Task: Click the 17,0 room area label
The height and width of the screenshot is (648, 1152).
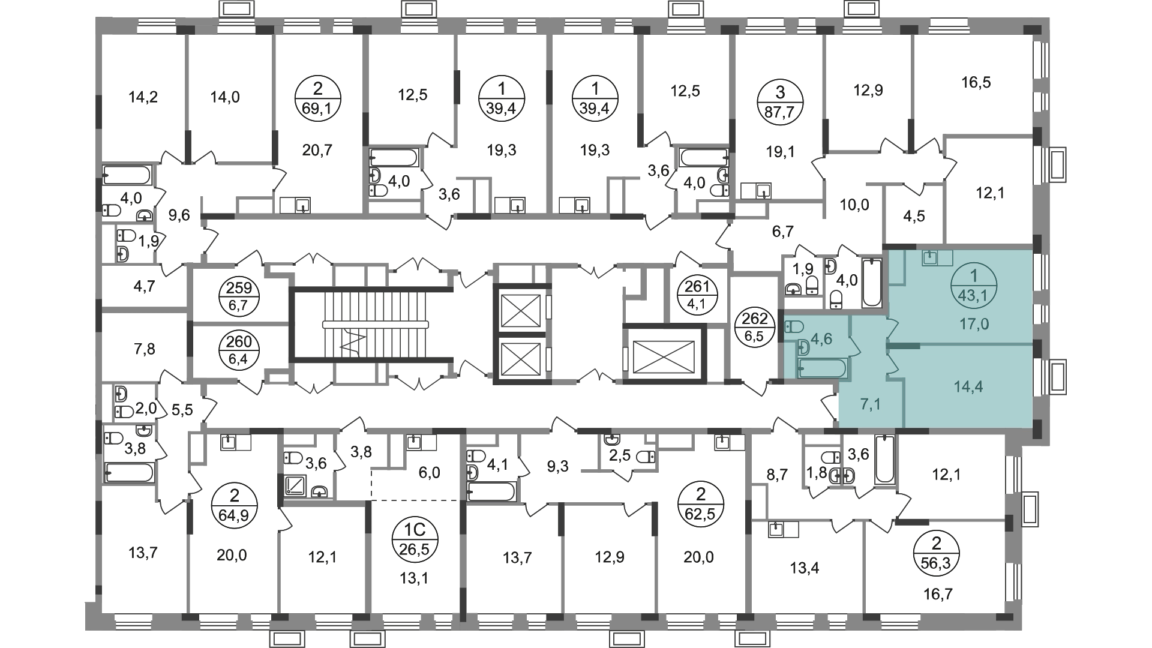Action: tap(974, 325)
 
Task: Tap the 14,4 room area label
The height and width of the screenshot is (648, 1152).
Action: tap(968, 387)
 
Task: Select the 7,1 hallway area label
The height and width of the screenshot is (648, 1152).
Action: tap(870, 404)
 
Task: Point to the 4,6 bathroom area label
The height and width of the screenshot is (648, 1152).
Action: tap(821, 339)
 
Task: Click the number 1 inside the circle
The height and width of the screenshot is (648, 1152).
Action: tap(974, 276)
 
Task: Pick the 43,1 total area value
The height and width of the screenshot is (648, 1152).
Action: tap(974, 295)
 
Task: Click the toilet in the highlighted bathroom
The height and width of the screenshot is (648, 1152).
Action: tap(794, 327)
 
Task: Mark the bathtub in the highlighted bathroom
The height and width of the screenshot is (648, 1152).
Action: tap(822, 368)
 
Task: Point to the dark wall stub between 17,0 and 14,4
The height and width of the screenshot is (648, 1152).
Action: tap(903, 346)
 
